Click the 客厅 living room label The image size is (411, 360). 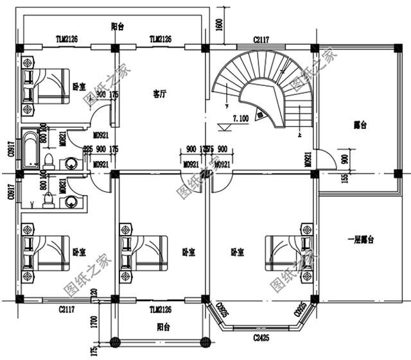(x=160, y=94)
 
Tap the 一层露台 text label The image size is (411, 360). (x=360, y=239)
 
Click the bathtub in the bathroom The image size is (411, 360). (x=31, y=149)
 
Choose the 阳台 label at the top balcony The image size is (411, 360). (x=117, y=26)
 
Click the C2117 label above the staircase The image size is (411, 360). (x=261, y=40)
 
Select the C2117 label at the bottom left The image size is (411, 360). (x=66, y=309)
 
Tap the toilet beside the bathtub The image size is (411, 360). (x=49, y=159)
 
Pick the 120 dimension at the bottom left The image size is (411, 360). (x=94, y=295)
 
